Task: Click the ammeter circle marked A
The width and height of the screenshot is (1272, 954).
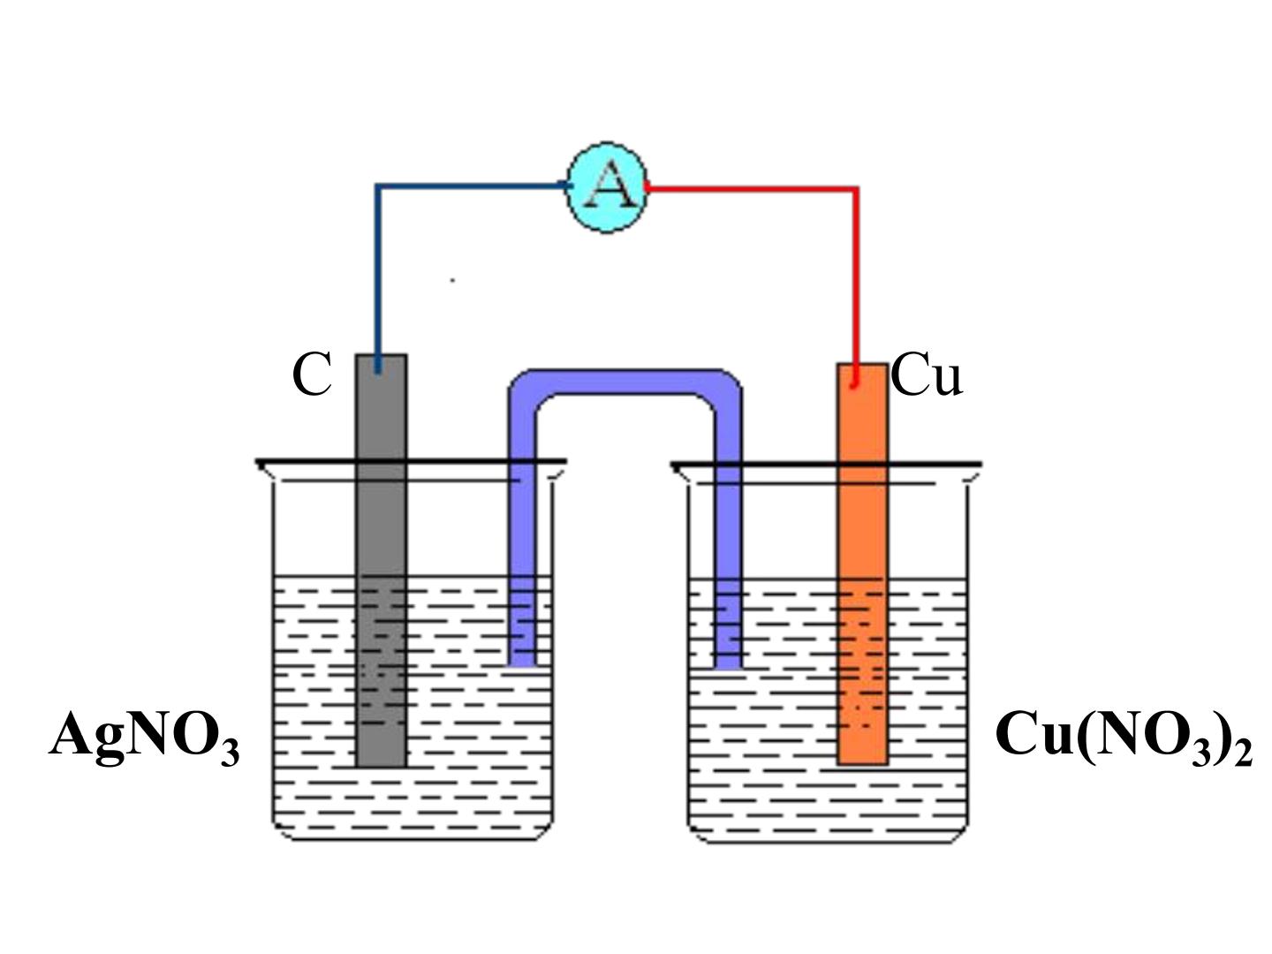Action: point(606,187)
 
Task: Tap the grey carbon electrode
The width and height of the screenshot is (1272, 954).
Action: point(381,560)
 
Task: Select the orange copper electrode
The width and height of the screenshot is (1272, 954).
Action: point(862,564)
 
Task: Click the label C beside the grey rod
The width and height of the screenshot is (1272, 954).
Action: point(312,375)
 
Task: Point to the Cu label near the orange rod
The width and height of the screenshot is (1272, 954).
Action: point(926,375)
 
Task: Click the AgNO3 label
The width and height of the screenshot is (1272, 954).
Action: point(144,738)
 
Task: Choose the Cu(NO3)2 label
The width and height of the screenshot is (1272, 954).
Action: point(1124,738)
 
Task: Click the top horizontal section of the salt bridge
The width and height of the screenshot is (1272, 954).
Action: point(625,382)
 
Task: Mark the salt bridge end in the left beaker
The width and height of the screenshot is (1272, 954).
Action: point(521,664)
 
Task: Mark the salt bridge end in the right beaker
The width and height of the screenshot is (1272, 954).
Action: point(728,667)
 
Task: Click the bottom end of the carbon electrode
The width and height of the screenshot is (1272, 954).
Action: point(381,766)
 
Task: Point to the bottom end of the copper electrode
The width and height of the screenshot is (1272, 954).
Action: point(862,763)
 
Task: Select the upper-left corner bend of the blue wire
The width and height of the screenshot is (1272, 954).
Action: point(377,185)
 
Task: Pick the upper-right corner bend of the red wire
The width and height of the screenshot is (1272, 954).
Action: point(856,188)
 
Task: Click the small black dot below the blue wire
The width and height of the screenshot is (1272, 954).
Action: point(452,280)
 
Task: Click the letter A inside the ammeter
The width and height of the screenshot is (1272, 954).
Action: point(609,185)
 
